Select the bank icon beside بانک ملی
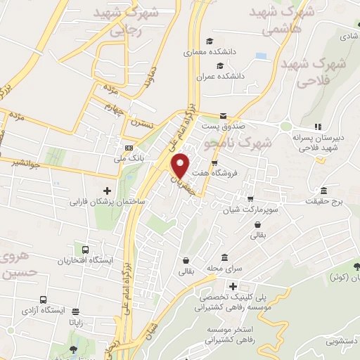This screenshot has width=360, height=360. point(128,148)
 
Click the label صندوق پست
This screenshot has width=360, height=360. point(222,127)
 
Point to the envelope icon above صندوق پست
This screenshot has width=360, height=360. point(222,116)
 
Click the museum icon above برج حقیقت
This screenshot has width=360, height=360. point(323,191)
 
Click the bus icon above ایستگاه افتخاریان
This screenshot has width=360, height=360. point(86,250)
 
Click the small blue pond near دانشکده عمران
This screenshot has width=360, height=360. point(262,56)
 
